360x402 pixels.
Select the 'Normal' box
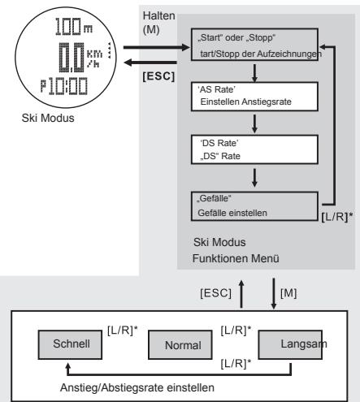click(171, 345)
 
